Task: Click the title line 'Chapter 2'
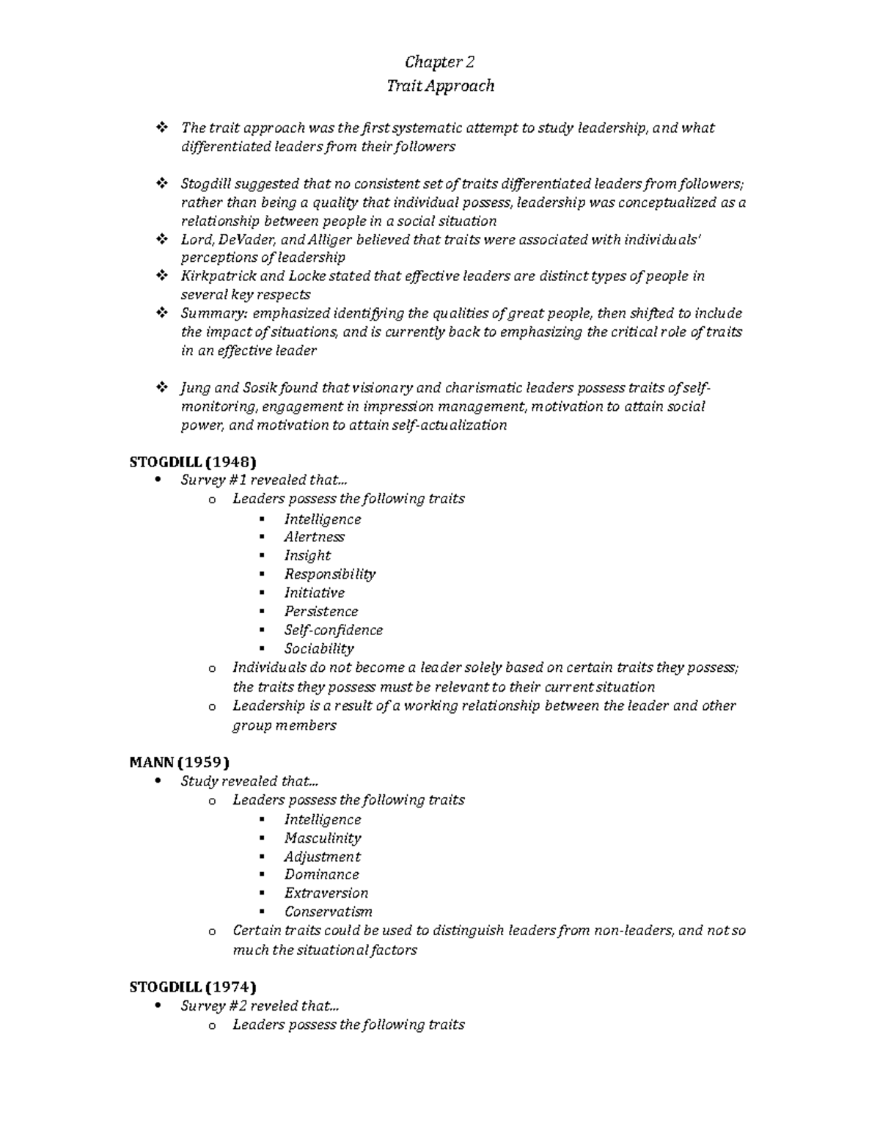click(440, 62)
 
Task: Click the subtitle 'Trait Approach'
click(440, 86)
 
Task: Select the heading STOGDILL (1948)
click(193, 461)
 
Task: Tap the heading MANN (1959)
click(180, 762)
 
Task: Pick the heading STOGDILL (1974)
click(193, 986)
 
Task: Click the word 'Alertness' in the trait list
click(314, 537)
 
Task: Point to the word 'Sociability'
click(319, 648)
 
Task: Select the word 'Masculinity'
click(323, 838)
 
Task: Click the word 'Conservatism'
click(328, 912)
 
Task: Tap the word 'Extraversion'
click(326, 893)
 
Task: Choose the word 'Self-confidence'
click(333, 630)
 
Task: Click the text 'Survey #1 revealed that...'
click(264, 480)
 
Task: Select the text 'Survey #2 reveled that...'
click(260, 1006)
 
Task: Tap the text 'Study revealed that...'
click(249, 781)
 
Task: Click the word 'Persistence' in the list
click(320, 611)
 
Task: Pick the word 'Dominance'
click(321, 874)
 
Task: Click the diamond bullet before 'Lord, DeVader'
click(161, 239)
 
